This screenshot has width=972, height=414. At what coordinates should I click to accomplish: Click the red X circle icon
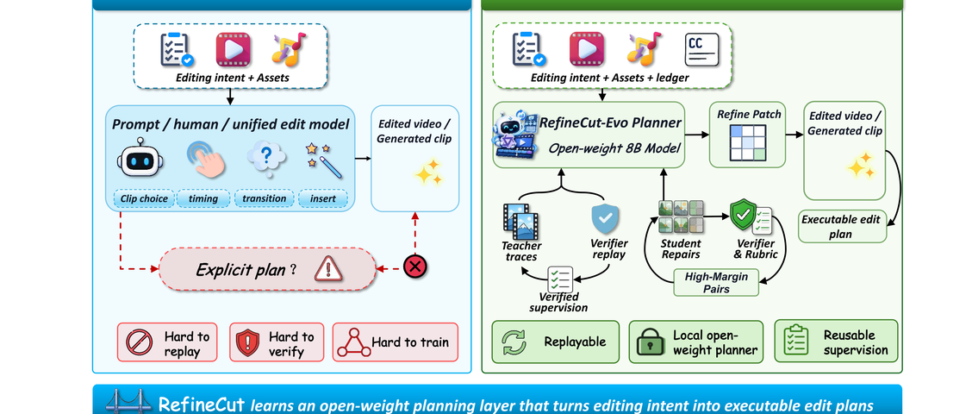coord(414,267)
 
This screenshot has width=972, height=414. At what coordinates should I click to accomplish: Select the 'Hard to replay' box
coord(167,342)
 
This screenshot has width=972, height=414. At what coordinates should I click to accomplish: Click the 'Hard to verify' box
coord(277,342)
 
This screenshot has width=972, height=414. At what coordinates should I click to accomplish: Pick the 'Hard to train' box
coord(396,342)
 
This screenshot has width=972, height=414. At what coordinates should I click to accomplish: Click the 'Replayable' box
coord(556,342)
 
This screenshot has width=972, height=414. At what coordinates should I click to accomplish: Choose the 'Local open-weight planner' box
coord(695,342)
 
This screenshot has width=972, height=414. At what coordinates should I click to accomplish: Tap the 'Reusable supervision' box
coord(836,342)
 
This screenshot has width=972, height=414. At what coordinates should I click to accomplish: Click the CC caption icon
coord(701,50)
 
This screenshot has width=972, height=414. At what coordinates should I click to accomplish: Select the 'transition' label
coord(264,198)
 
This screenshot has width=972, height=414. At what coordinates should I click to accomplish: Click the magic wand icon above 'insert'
coord(324,160)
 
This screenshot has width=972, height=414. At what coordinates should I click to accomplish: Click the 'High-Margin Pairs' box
coord(716,282)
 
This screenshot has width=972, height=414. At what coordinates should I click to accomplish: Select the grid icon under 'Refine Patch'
coord(748,143)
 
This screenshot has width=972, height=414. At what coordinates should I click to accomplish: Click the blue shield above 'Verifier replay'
coord(605,219)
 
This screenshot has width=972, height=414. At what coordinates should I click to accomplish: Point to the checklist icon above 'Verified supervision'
coord(560,279)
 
